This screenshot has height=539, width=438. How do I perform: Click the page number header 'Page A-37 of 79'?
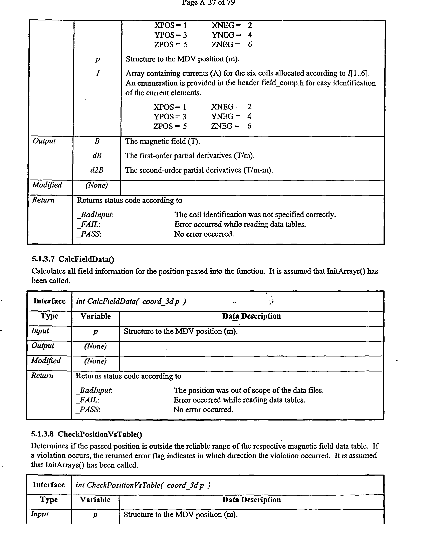pyautogui.click(x=208, y=3)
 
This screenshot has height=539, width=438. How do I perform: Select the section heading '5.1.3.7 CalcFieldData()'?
pyautogui.click(x=73, y=259)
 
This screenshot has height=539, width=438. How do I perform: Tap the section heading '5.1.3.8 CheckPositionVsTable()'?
pyautogui.click(x=86, y=434)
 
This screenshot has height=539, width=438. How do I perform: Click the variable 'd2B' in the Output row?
pyautogui.click(x=97, y=170)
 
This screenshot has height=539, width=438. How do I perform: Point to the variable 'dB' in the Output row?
pyautogui.click(x=97, y=156)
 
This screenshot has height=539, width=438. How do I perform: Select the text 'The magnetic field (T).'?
pyautogui.click(x=163, y=141)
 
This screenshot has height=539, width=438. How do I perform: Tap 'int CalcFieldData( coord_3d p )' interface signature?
pyautogui.click(x=131, y=301)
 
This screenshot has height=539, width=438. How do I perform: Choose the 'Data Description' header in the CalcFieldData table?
pyautogui.click(x=251, y=316)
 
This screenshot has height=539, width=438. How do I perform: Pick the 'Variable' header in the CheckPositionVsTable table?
pyautogui.click(x=95, y=500)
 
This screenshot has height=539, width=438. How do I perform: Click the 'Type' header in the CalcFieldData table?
pyautogui.click(x=49, y=316)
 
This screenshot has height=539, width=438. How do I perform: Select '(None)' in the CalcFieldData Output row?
pyautogui.click(x=95, y=346)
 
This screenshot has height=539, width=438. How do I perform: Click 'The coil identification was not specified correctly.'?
pyautogui.click(x=255, y=215)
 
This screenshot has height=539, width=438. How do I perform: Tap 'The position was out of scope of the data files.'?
pyautogui.click(x=248, y=390)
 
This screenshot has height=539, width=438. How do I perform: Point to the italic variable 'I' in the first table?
pyautogui.click(x=97, y=73)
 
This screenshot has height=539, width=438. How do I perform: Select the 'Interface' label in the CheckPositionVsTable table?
pyautogui.click(x=49, y=485)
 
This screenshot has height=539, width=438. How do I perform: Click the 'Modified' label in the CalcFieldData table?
pyautogui.click(x=46, y=361)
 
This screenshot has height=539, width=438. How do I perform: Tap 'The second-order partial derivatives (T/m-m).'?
pyautogui.click(x=199, y=170)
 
